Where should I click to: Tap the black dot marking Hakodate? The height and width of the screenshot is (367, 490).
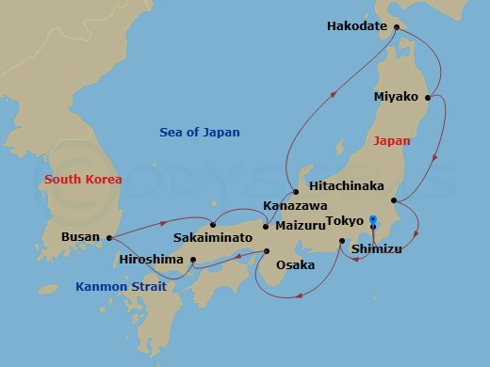pos(396,26)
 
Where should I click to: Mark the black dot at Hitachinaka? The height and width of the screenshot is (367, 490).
pos(394,199)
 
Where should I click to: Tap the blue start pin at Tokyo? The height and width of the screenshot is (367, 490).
pos(373,222)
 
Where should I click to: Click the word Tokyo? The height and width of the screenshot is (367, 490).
pos(344,221)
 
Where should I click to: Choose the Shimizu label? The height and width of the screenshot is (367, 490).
pos(378,248)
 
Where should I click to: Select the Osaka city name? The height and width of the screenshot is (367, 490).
pos(295,265)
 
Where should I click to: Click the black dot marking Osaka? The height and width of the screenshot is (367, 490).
pos(267,251)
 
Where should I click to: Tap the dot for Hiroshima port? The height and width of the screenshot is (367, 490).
pos(192,260)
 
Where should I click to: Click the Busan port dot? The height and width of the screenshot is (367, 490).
pos(109,238)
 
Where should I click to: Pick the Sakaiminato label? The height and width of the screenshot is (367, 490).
pos(212,239)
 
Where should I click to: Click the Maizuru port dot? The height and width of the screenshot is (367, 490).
pos(266,227)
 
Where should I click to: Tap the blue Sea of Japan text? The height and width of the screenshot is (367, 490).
pos(200,133)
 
